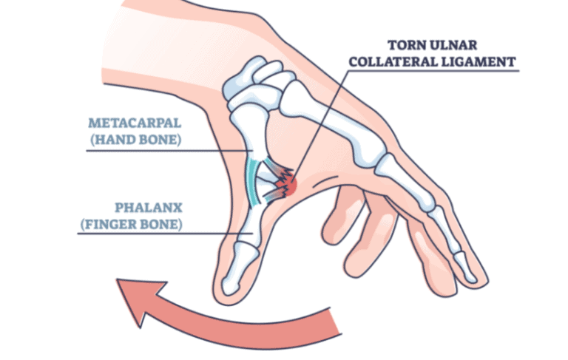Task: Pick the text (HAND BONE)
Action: [133, 139]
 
